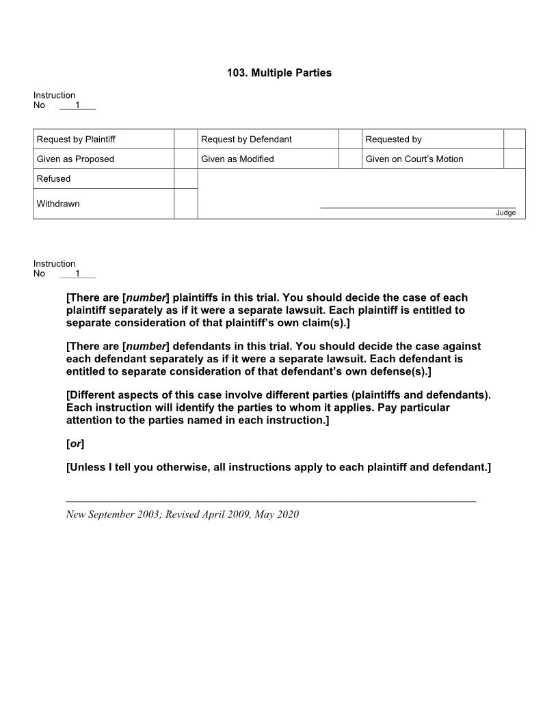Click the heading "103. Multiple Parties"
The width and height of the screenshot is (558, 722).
click(279, 72)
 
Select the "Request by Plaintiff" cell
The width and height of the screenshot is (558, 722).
click(76, 139)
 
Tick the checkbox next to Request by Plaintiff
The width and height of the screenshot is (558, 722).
click(185, 139)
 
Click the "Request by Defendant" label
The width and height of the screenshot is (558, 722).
click(246, 139)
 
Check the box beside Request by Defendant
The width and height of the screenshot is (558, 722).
click(349, 139)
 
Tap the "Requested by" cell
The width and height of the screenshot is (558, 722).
click(393, 139)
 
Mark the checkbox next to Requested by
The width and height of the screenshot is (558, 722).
click(514, 139)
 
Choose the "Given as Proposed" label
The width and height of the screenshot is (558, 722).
click(75, 159)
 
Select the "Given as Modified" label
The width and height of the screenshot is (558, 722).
click(237, 159)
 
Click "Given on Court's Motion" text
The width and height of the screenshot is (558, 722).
click(414, 159)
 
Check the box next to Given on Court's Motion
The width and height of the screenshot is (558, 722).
click(514, 159)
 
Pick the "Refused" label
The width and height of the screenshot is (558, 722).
click(53, 179)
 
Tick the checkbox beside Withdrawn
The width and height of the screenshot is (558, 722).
click(185, 204)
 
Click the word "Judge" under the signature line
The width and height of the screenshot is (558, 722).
click(506, 213)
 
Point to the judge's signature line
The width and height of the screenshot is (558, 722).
click(418, 206)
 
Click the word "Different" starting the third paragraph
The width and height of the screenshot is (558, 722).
click(92, 395)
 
